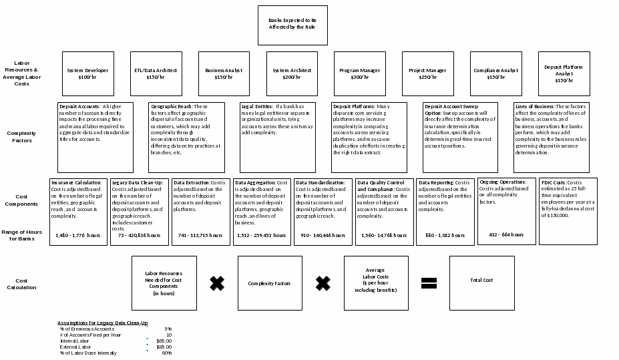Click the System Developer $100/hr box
click(87, 73)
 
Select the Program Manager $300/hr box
click(360, 73)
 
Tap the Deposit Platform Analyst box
click(564, 73)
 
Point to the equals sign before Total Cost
click(429, 283)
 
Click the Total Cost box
click(481, 280)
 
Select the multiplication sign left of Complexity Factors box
click(217, 283)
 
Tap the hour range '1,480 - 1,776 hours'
click(78, 235)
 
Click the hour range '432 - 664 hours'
click(506, 234)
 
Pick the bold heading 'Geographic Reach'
click(172, 107)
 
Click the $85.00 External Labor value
click(164, 347)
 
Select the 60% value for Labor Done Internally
click(166, 353)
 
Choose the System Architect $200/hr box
click(292, 73)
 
